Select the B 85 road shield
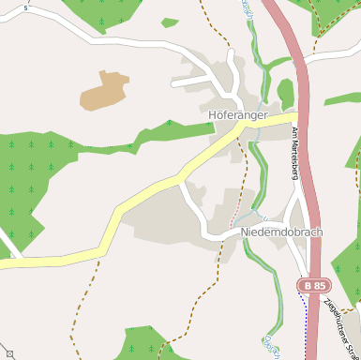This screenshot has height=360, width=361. point(314,283)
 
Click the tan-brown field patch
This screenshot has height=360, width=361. point(106,90)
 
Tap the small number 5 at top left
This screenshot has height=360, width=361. point(26,7)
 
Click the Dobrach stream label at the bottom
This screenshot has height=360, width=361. point(272,345)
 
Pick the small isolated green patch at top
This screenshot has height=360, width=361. point(169,22)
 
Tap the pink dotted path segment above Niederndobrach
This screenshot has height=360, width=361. point(234,217)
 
